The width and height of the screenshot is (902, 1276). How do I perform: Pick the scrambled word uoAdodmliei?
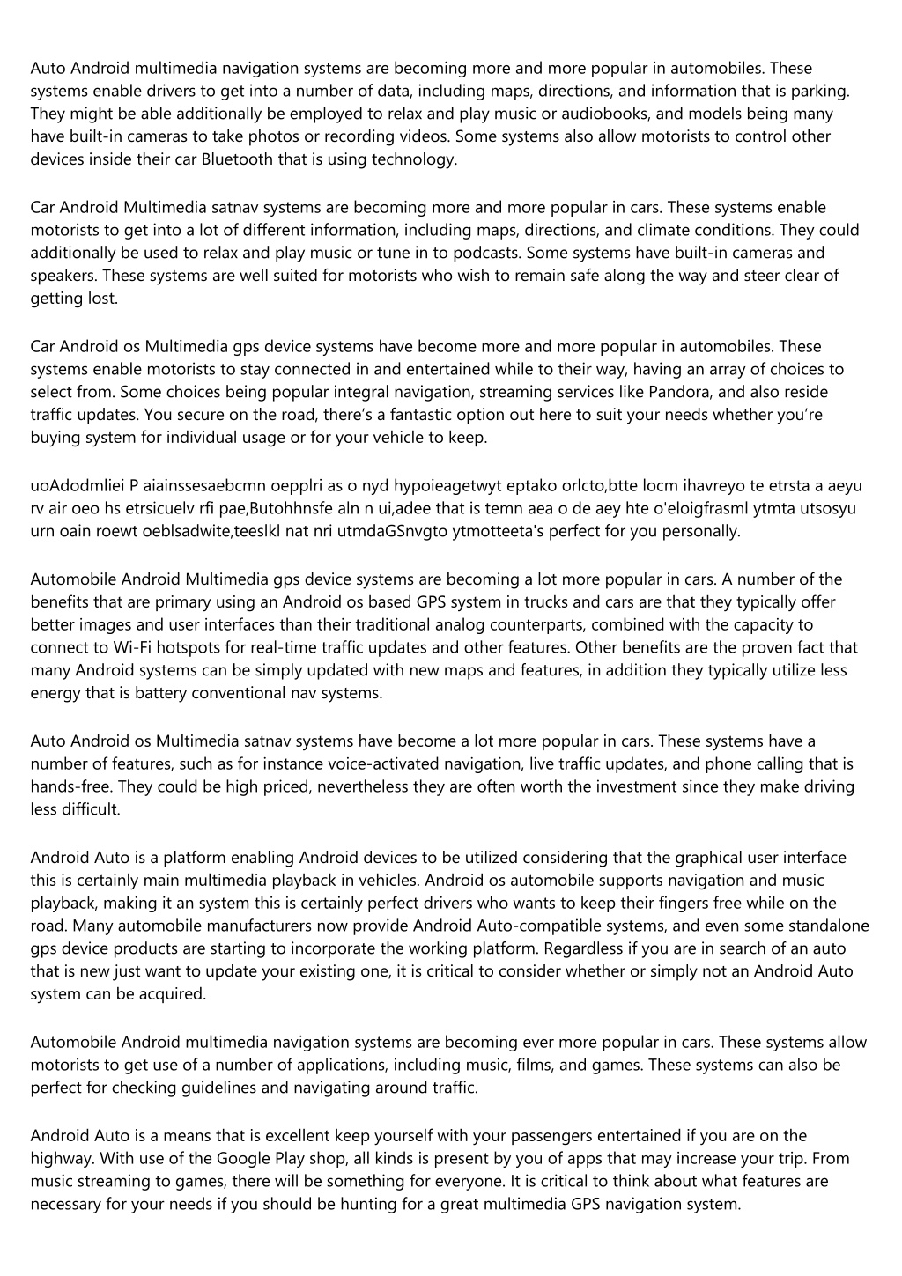76,485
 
